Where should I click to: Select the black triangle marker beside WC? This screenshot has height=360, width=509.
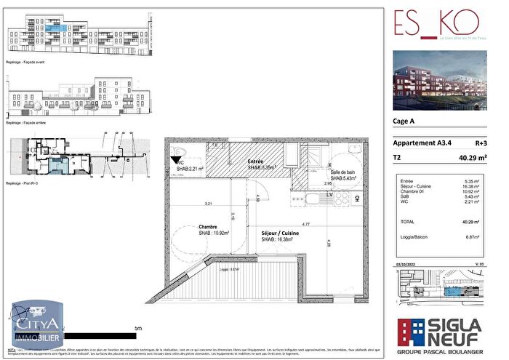click(x=175, y=156)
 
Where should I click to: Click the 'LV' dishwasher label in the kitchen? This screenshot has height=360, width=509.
click(x=329, y=195)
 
